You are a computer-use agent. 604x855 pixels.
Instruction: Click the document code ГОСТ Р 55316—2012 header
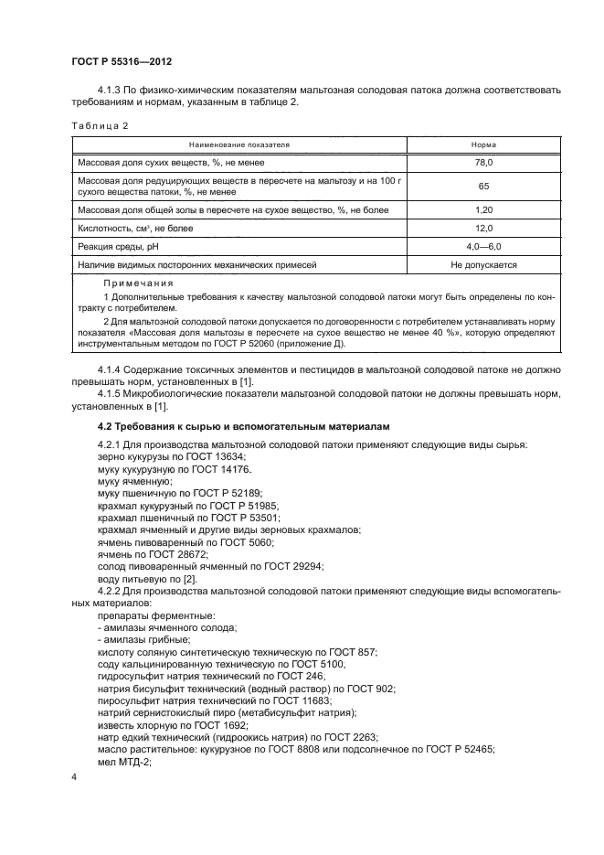coord(122,62)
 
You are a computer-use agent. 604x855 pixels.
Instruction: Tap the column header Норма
coord(483,144)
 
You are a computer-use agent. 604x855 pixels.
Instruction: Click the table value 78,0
coord(483,162)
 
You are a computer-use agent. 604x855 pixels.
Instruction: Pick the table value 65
coord(483,186)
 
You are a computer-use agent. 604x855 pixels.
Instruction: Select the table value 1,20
coord(483,210)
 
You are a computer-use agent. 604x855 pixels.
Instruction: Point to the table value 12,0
coord(483,229)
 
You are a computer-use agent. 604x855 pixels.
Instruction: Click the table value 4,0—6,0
coord(483,247)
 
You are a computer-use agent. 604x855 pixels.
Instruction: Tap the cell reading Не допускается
coord(483,265)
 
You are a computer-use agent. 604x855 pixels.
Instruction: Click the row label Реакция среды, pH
coord(117,247)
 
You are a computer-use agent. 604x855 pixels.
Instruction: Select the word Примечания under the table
coord(138,284)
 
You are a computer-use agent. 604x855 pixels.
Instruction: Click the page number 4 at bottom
coord(74,777)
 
